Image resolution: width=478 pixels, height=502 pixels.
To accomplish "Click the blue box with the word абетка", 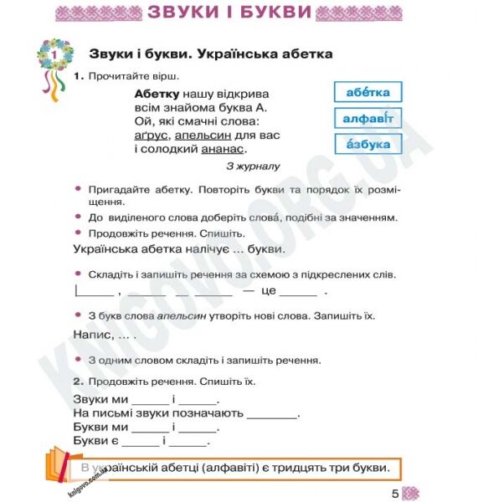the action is coord(367,92).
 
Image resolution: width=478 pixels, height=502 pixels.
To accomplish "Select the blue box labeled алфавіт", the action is coord(367,119).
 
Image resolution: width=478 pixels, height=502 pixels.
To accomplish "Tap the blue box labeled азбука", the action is coord(367,145).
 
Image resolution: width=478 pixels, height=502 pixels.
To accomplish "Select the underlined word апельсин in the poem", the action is coord(204,135).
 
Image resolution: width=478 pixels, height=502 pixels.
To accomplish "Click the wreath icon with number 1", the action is coord(51,57).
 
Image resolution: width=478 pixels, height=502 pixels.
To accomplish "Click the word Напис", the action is coord(93,335).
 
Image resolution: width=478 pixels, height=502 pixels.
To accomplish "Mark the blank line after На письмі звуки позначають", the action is coord(273,413).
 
